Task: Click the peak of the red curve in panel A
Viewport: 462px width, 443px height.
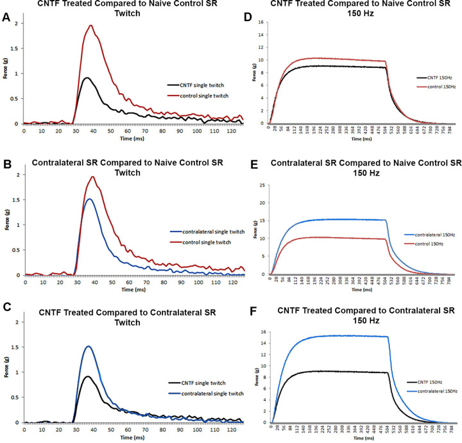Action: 91,26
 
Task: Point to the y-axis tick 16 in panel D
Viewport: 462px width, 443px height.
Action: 262,21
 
